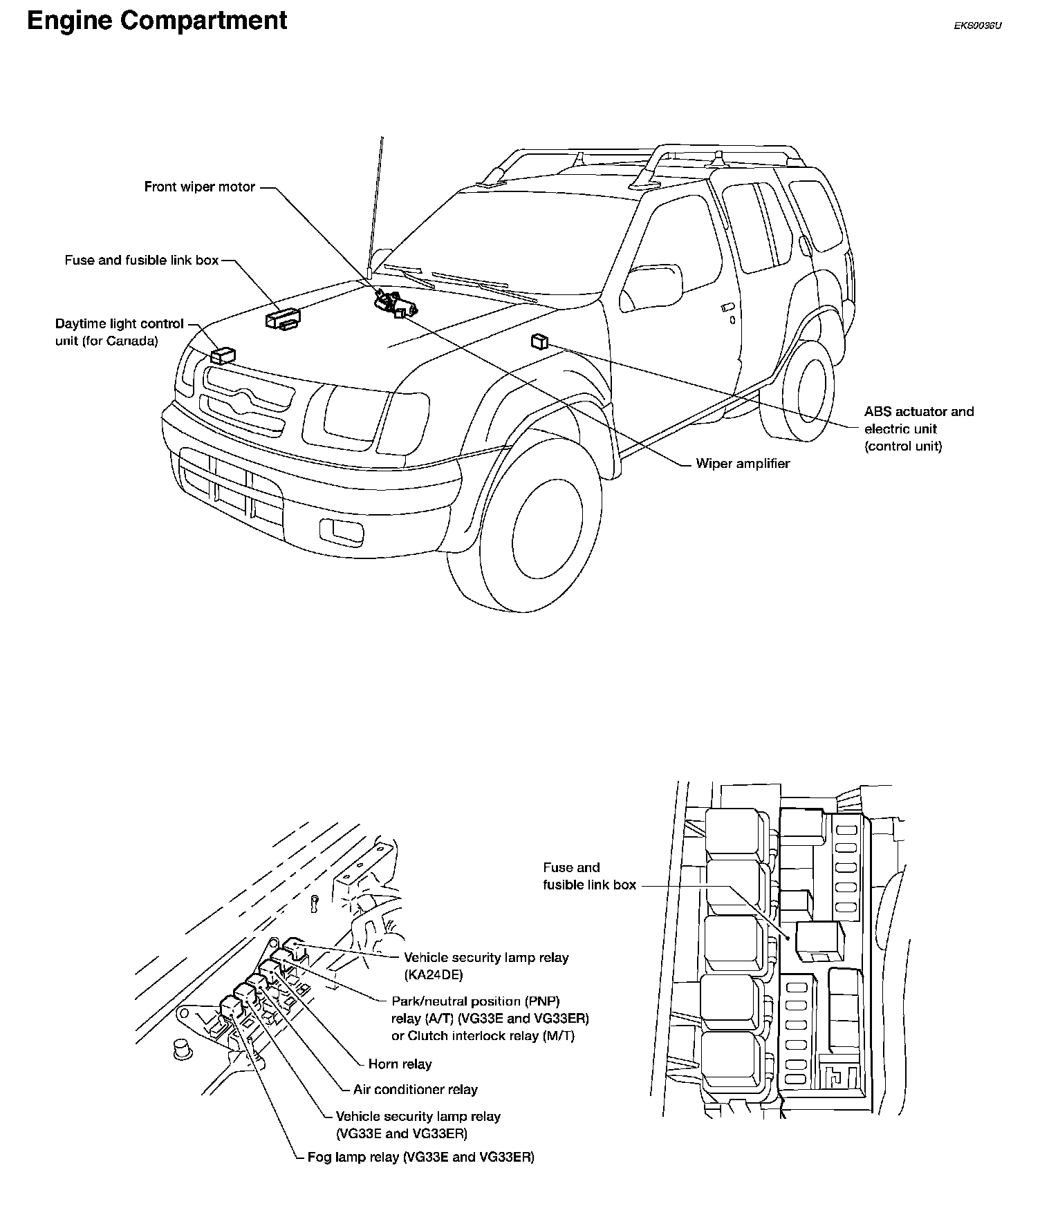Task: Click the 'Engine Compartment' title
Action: click(x=157, y=21)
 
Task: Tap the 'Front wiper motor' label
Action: click(x=199, y=187)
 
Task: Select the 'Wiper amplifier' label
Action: click(x=743, y=464)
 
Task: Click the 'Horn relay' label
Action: click(x=400, y=1064)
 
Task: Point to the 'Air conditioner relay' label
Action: click(x=415, y=1090)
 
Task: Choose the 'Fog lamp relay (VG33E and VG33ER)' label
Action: click(x=420, y=1158)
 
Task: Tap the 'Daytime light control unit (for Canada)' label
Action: click(x=119, y=332)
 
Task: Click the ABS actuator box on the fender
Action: click(x=539, y=341)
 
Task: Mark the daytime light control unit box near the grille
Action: click(x=223, y=356)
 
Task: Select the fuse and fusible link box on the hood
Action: click(x=283, y=318)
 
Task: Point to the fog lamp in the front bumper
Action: click(x=339, y=530)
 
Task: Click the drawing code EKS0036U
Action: click(x=977, y=26)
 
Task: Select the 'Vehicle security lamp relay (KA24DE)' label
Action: click(x=485, y=966)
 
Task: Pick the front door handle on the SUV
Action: click(x=726, y=306)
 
